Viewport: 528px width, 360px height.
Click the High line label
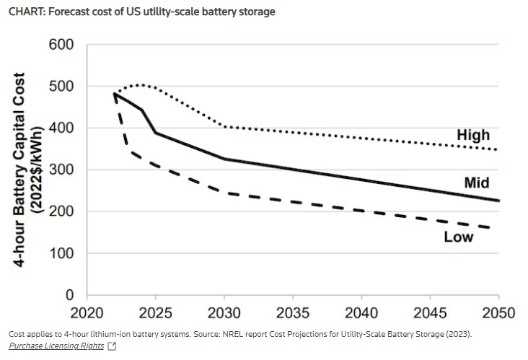tap(473, 135)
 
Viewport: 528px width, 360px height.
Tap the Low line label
tap(459, 237)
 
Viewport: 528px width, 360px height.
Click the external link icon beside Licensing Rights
tap(112, 346)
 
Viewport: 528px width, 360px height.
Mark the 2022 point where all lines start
tap(115, 93)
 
